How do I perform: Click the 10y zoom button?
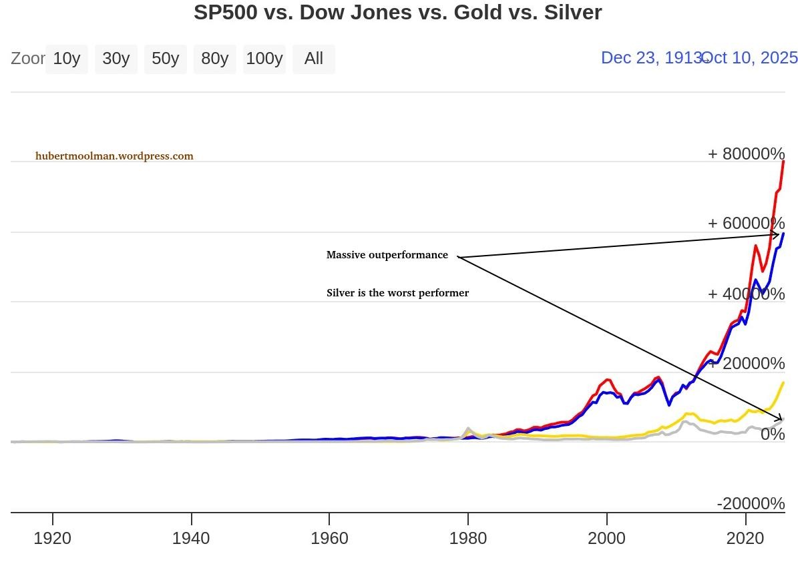pos(67,59)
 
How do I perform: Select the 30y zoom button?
pos(116,59)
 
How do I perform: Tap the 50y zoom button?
pos(166,59)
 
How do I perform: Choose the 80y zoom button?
pos(215,59)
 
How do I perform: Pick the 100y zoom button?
pos(264,59)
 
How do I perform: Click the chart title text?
pos(398,12)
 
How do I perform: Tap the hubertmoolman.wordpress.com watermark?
pos(114,156)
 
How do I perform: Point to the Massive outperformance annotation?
pos(387,255)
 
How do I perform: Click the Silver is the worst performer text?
pos(398,293)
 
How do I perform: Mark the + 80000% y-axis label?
pos(746,154)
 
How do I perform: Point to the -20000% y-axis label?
pos(751,504)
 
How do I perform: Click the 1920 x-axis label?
pos(53,538)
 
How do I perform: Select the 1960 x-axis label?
pos(329,538)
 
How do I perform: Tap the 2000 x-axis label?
pos(606,538)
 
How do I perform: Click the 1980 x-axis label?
pos(468,538)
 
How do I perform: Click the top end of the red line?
pos(783,162)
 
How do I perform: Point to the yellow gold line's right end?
pos(783,383)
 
